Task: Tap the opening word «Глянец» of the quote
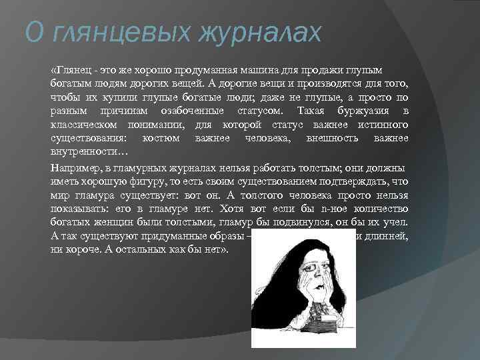[x=70, y=71]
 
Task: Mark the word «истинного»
[x=381, y=125]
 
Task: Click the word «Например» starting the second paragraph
[x=77, y=169]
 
